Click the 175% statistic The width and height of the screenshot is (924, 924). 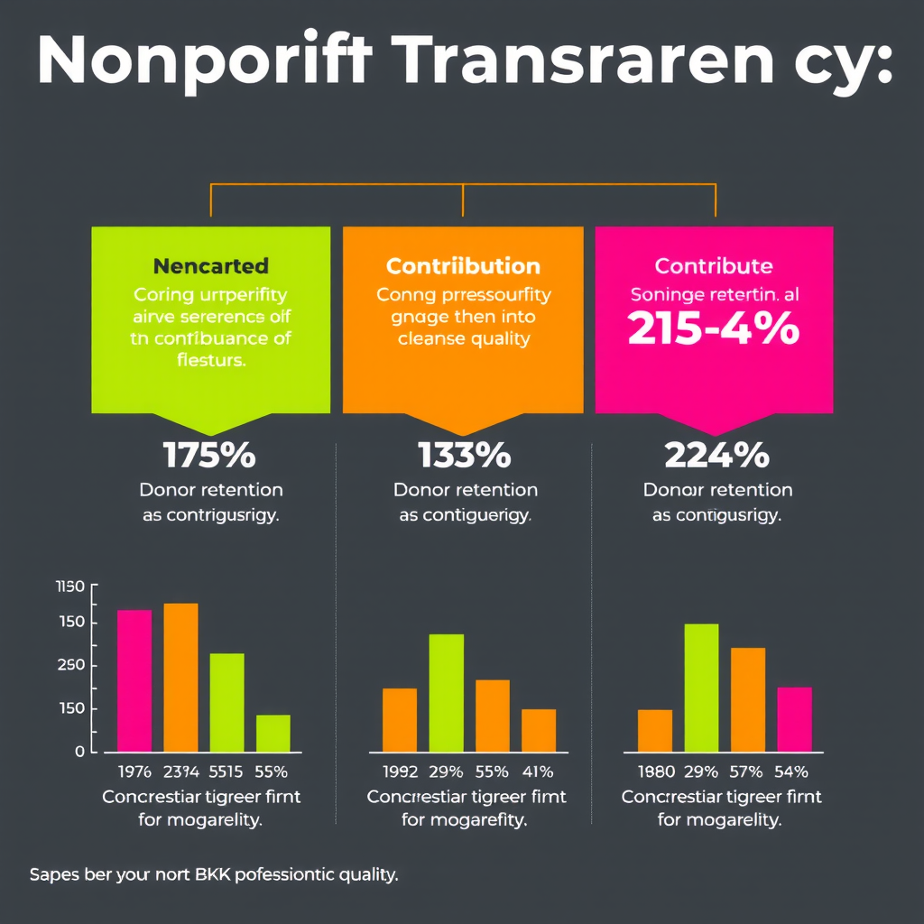point(208,456)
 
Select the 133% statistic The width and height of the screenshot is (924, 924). point(464,456)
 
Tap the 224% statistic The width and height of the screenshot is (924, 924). point(716,456)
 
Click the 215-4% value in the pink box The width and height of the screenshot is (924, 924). point(714,329)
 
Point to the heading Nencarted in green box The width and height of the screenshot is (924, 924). point(210,266)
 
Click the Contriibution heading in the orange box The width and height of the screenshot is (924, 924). point(463,266)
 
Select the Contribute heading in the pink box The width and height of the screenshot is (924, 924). point(714,266)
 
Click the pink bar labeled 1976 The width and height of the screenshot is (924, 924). point(134,680)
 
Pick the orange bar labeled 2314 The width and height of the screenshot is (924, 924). point(180,677)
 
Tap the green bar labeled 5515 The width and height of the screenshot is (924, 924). point(226,702)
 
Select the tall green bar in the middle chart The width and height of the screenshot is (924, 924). point(446,692)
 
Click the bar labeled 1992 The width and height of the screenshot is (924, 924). point(400,719)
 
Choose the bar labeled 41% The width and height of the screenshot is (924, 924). point(539,730)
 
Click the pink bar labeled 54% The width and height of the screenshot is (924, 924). point(794,719)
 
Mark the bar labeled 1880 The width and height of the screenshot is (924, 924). point(655,730)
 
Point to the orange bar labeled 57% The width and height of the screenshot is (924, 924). point(748,699)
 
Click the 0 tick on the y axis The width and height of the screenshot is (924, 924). point(79,752)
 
